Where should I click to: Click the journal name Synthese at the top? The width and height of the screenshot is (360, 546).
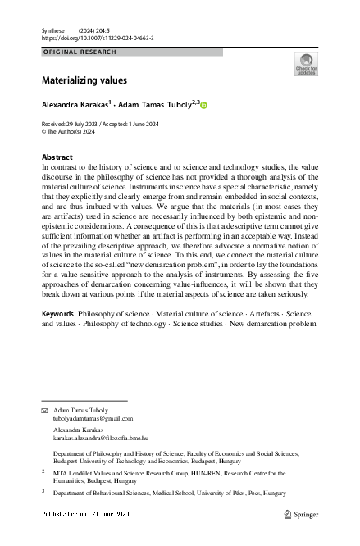point(53,30)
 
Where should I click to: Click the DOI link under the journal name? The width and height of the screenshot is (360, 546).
point(97,38)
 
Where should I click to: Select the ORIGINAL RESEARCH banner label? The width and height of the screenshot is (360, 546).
point(80,52)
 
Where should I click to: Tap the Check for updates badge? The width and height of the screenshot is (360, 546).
point(305,65)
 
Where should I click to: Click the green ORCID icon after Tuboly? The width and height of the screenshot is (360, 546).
point(204,106)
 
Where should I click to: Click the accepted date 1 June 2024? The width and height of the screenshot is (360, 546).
point(162,124)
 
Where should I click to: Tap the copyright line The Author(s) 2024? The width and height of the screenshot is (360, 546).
point(71,131)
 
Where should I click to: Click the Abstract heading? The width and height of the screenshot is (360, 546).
point(57,157)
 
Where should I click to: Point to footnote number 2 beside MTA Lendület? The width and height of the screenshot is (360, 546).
point(43,471)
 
